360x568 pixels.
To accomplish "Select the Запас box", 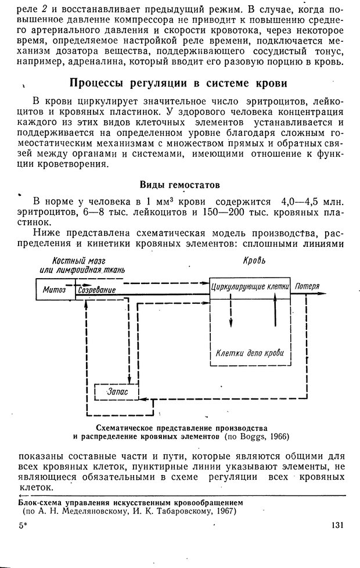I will point(116,393).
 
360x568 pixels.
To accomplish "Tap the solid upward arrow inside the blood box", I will point(276,314).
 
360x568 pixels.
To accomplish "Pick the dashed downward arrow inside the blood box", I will point(230,314).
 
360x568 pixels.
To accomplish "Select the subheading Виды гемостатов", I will point(179,185).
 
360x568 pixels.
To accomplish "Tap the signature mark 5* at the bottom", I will point(23,526).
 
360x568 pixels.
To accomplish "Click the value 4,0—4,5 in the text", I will point(301,201).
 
